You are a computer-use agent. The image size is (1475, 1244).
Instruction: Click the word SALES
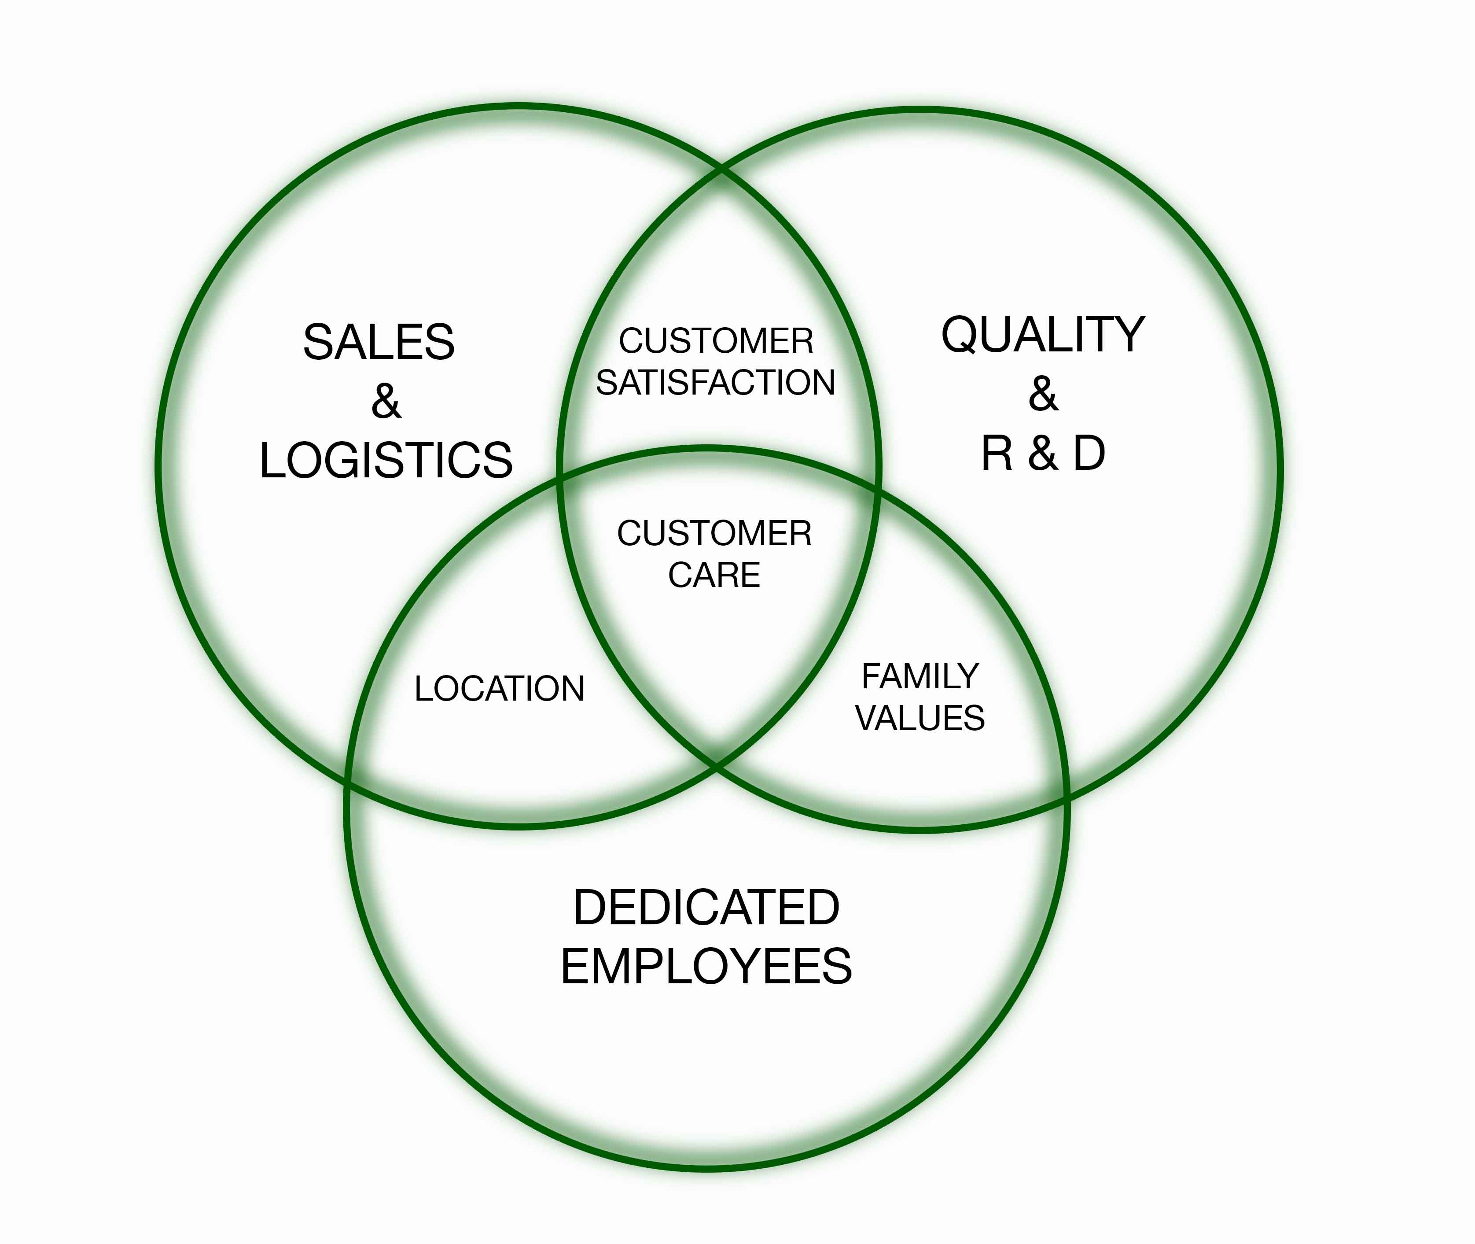pos(379,343)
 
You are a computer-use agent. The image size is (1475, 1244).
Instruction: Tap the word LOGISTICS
pos(386,461)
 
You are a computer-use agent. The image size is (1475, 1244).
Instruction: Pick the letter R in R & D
pos(997,454)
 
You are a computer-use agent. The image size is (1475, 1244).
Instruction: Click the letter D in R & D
pos(1089,454)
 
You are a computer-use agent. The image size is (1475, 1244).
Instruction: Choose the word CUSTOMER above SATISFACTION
pos(715,341)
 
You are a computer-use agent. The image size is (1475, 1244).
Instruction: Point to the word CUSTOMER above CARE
pos(714,533)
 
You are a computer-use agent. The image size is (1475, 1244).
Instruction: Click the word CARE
pos(714,575)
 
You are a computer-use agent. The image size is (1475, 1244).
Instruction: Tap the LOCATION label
pos(499,688)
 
